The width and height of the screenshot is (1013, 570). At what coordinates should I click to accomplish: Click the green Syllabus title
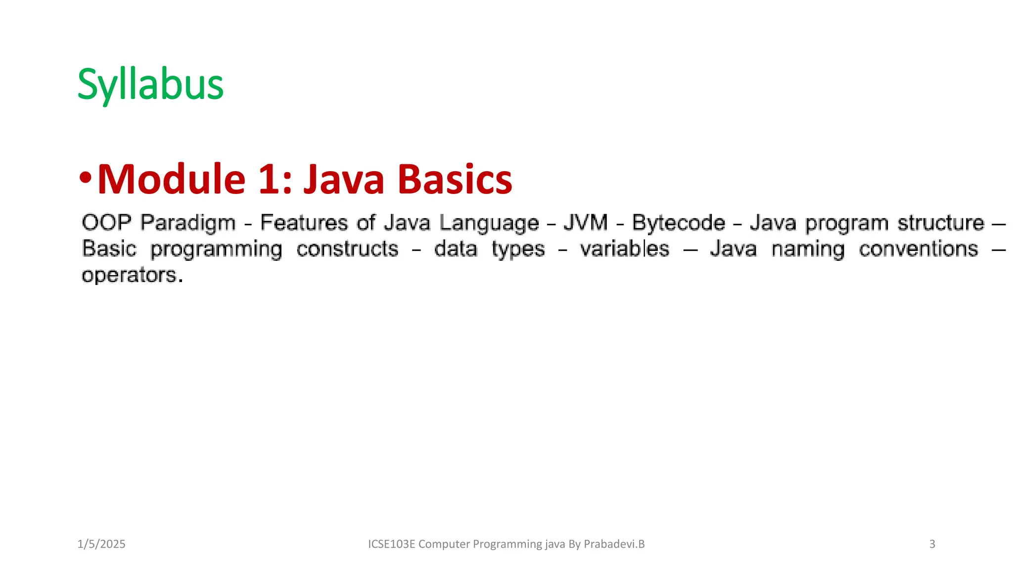pos(150,85)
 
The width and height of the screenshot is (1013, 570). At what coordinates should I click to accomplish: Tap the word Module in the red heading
pos(171,179)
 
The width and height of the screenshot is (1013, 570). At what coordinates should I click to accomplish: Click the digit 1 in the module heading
pos(269,179)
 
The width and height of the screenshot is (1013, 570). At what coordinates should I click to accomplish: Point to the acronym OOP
pos(106,223)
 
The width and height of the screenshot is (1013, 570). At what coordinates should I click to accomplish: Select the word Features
pos(304,223)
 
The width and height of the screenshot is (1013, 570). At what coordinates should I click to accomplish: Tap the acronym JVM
pos(586,223)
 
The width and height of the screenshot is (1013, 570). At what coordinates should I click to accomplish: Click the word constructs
pos(347,249)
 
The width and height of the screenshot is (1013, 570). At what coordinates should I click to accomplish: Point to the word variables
pos(624,249)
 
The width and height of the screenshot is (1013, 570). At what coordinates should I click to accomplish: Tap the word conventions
pos(918,249)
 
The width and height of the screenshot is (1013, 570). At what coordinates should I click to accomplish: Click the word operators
pos(130,276)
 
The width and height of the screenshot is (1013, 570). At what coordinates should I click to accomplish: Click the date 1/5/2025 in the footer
pos(101,544)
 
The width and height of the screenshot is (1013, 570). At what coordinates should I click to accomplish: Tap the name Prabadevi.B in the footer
pos(614,544)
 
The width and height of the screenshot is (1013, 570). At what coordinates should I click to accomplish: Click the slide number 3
pos(932,544)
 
